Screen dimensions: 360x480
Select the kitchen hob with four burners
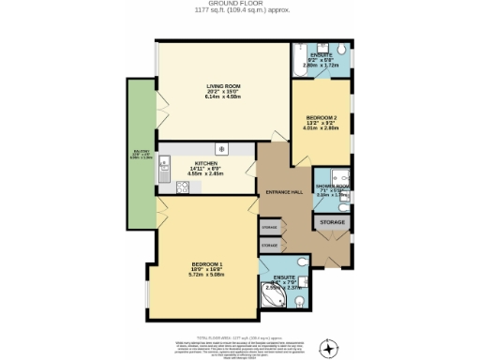pyautogui.click(x=184, y=186)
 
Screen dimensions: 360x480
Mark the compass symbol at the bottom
pyautogui.click(x=328, y=349)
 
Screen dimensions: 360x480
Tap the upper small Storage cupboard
pyautogui.click(x=269, y=228)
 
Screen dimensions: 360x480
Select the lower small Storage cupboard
pyautogui.click(x=269, y=245)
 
